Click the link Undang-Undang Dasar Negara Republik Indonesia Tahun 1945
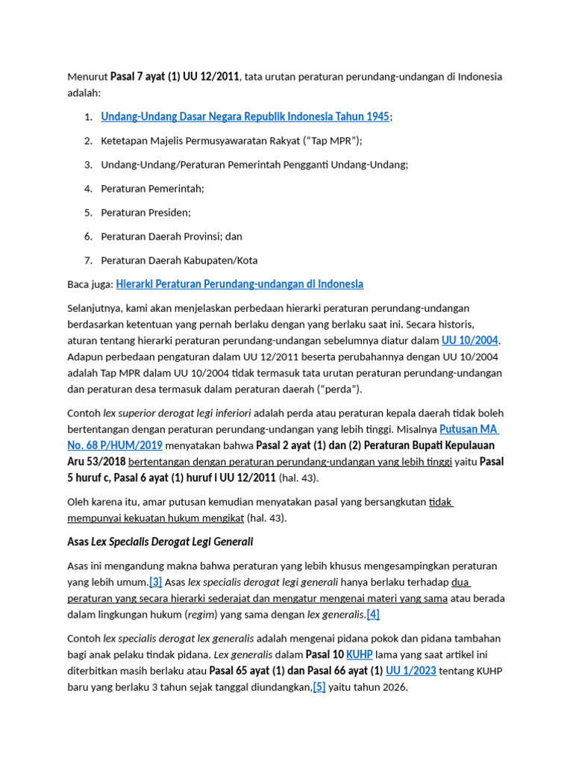[x=245, y=116]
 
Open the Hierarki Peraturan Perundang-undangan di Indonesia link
[x=239, y=284]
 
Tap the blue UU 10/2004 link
[x=469, y=340]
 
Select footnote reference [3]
[x=155, y=582]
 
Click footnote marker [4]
[x=372, y=614]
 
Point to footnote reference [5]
[x=319, y=687]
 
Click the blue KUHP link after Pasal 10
[x=359, y=654]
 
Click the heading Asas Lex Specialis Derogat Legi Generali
[x=160, y=541]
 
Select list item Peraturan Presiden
[x=145, y=213]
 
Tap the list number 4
[x=87, y=189]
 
